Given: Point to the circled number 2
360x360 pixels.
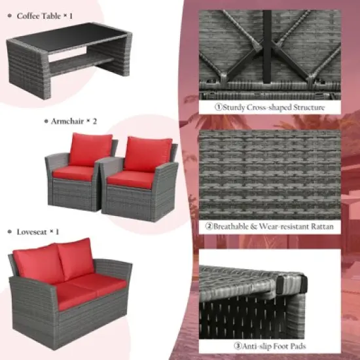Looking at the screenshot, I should (x=209, y=226).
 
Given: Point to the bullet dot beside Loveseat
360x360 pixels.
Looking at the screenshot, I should (x=9, y=232).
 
